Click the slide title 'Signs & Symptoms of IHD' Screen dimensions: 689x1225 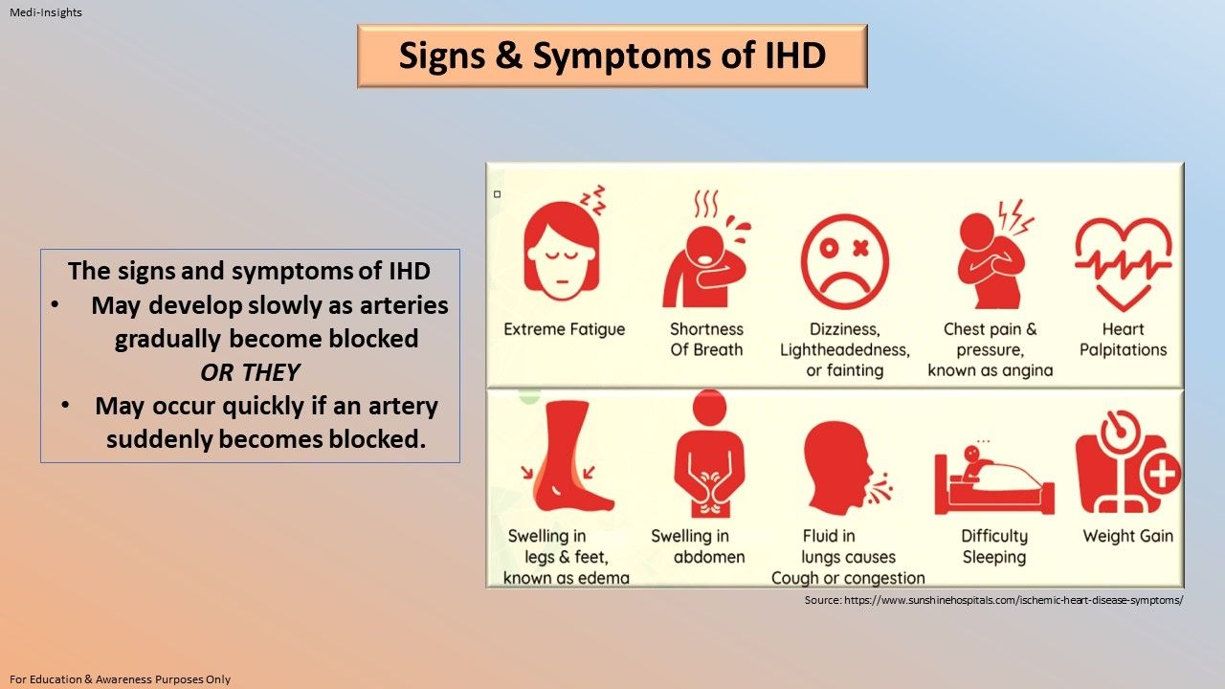[x=612, y=56]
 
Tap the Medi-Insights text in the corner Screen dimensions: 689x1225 [x=46, y=12]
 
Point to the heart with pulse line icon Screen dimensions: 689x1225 [x=1124, y=260]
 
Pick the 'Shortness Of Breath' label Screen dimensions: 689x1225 [x=706, y=340]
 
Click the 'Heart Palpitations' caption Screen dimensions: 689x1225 [x=1124, y=340]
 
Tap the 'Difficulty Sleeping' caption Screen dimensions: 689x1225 [x=994, y=546]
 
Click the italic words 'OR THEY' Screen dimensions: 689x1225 [x=250, y=372]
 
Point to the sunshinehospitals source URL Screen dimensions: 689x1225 [x=993, y=600]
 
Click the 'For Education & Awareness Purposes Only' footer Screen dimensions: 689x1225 [x=121, y=679]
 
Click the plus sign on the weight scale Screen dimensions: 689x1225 [x=1161, y=474]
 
